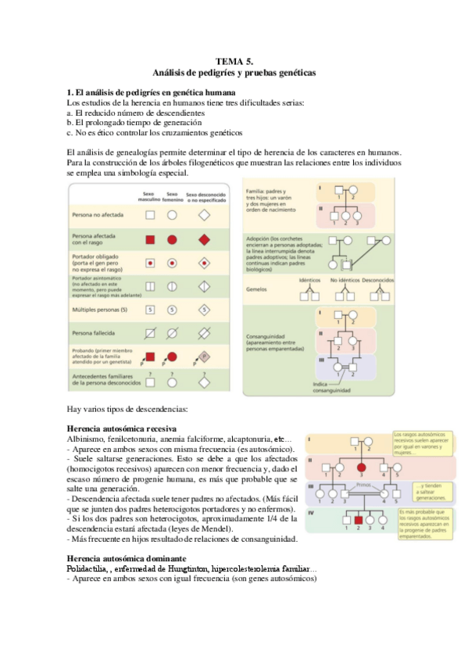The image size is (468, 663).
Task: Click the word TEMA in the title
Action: point(227,60)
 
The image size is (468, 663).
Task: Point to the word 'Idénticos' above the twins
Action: point(311,279)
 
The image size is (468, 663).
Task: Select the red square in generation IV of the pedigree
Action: point(359,520)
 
